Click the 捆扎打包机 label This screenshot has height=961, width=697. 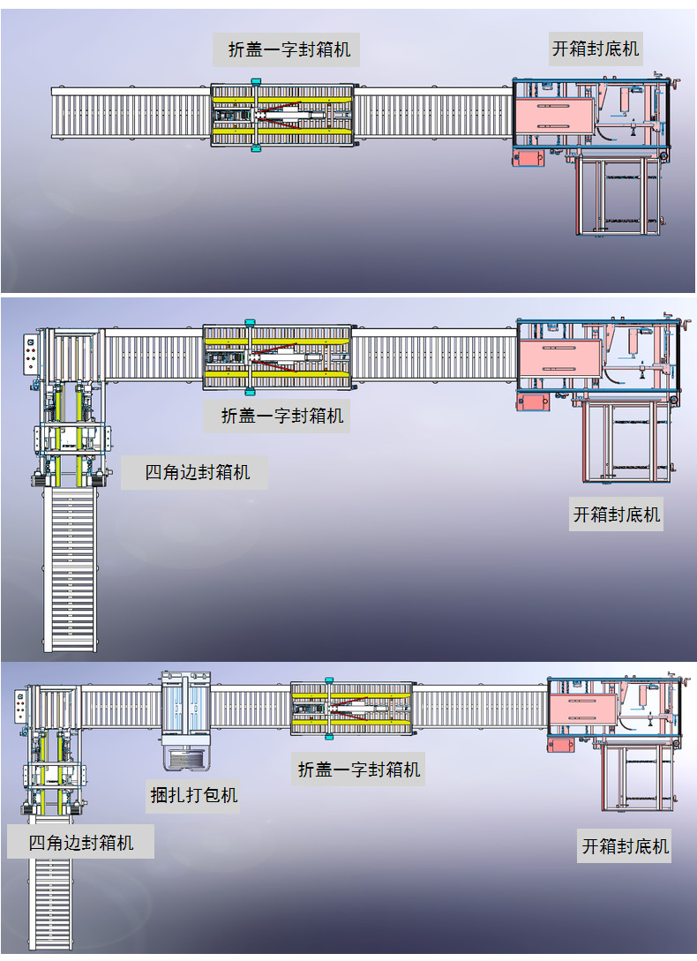coord(193,795)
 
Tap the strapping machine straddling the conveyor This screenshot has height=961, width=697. coord(187,719)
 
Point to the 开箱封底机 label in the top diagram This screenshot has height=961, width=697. coord(596,48)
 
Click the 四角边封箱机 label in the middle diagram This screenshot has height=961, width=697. coord(197,472)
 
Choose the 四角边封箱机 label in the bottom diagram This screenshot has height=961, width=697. coord(81,843)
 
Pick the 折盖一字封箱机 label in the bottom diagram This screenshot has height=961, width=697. coord(359,769)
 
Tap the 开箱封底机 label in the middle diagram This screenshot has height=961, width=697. coord(616,513)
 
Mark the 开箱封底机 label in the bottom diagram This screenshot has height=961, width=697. coord(625,846)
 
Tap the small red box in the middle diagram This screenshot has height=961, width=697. coord(533,401)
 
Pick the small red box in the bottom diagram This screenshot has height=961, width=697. coord(560,745)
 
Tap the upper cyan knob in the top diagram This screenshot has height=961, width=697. coord(256,81)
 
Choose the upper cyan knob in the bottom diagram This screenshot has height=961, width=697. coord(329,680)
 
